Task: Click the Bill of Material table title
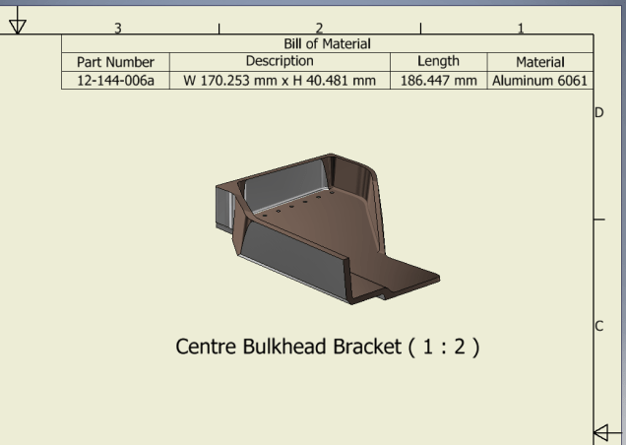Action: coord(327,43)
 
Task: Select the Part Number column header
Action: coord(115,62)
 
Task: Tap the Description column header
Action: coord(280,61)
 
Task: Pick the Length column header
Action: coord(438,61)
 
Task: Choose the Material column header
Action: coord(540,62)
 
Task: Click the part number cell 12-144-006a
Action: coord(115,81)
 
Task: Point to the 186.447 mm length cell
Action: coord(438,81)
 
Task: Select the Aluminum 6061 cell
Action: coord(539,81)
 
